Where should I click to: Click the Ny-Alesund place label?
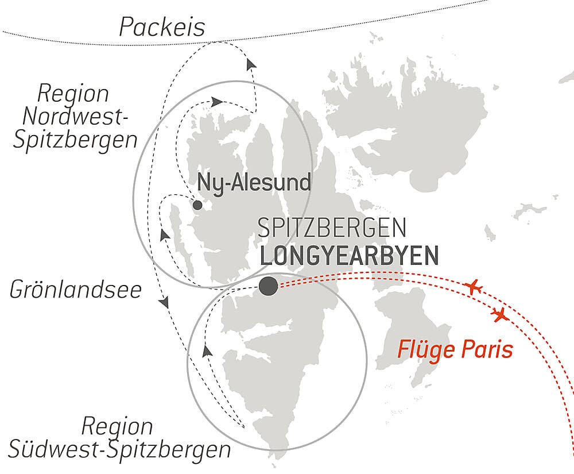[254, 183]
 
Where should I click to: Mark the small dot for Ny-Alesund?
[197, 205]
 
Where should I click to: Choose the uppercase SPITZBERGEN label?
[332, 228]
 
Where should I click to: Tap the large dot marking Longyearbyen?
[267, 286]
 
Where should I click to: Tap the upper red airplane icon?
[473, 286]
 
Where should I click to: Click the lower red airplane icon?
[501, 314]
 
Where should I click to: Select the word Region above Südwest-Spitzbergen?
[117, 427]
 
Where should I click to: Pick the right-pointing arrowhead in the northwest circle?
[216, 101]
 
